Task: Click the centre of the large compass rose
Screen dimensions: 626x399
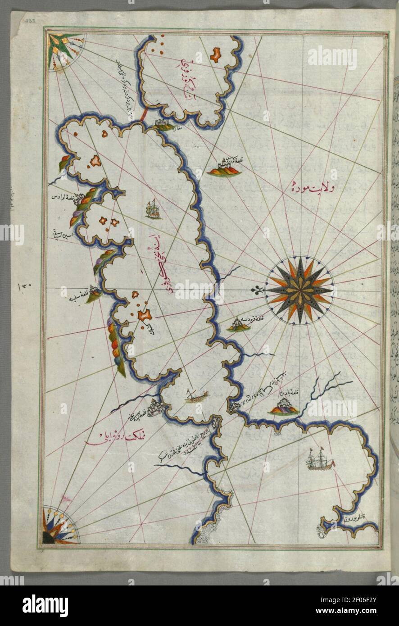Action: click(x=299, y=290)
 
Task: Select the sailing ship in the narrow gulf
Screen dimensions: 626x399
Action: click(x=154, y=209)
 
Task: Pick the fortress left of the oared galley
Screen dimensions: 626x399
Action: click(x=155, y=408)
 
